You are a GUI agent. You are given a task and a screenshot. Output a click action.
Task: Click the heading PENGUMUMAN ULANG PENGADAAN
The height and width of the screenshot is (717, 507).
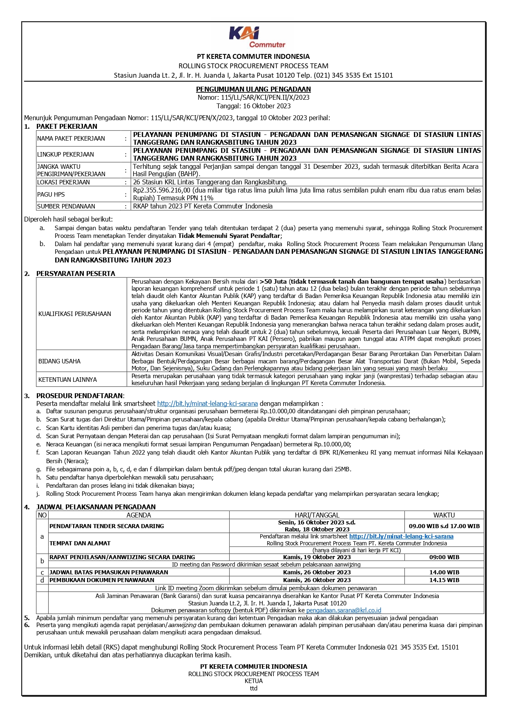point(253,89)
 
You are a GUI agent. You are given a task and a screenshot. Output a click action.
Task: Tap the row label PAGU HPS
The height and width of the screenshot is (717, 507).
point(51,195)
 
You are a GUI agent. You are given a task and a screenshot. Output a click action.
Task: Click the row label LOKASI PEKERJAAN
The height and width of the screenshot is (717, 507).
point(63,182)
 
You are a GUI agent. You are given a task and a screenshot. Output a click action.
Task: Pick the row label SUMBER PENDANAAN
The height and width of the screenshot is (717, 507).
point(66,206)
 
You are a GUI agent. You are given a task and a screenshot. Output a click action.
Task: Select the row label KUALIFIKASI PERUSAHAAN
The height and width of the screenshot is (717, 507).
point(75,314)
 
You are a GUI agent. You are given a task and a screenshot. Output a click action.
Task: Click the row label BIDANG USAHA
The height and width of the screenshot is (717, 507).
point(60,361)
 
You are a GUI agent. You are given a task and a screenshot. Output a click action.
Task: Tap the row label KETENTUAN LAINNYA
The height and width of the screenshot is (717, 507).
point(68,380)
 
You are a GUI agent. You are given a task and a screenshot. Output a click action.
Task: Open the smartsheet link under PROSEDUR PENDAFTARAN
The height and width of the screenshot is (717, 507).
point(208,403)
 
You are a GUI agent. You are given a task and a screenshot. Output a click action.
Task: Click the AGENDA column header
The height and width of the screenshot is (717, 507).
point(138,515)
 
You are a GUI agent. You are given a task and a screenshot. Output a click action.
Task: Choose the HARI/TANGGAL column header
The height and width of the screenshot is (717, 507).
point(317,515)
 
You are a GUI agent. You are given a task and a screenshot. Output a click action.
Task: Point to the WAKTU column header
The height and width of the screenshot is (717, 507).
point(444,515)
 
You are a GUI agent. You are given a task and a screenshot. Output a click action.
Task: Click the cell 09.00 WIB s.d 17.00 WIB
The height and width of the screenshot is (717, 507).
point(444,526)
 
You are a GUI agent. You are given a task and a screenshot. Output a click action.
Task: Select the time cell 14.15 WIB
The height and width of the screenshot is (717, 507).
point(444,580)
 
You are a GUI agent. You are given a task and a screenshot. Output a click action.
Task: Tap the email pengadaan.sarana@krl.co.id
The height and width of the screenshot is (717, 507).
point(344,610)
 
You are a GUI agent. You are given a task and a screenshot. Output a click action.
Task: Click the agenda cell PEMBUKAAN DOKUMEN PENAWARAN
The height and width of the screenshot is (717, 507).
point(102,580)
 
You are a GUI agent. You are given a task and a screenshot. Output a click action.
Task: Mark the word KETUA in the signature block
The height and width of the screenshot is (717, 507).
point(254,681)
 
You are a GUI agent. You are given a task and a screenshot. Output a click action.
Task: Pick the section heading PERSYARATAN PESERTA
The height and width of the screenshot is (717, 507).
point(76,273)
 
